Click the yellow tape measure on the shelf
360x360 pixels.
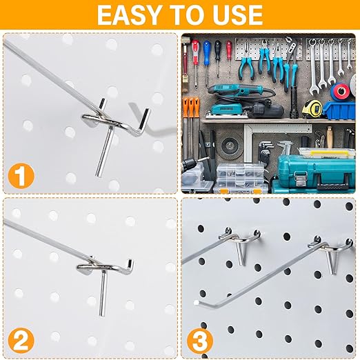coord(312,108)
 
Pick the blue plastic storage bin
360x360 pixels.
coord(340,110)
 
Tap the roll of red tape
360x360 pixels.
coord(342,91)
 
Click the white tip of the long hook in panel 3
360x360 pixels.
coord(198,301)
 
